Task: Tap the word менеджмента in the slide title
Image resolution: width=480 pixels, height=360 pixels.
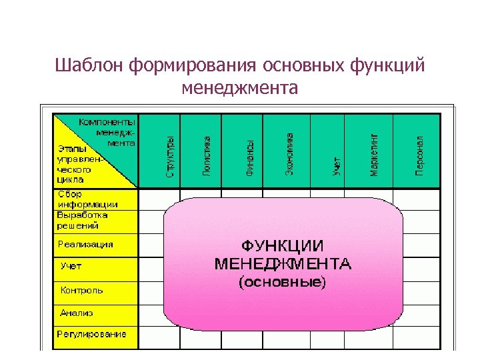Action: (x=239, y=87)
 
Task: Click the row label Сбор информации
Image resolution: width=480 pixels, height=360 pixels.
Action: (x=87, y=199)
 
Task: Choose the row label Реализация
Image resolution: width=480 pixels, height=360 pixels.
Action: (x=85, y=245)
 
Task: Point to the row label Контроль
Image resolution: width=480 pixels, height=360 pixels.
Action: (x=81, y=290)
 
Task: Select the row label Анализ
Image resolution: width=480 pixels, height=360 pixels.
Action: (x=76, y=313)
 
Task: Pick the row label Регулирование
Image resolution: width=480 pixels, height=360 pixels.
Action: (x=91, y=334)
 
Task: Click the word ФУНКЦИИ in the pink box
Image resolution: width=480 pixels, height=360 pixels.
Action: (x=283, y=245)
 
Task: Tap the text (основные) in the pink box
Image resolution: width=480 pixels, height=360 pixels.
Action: (x=283, y=283)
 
